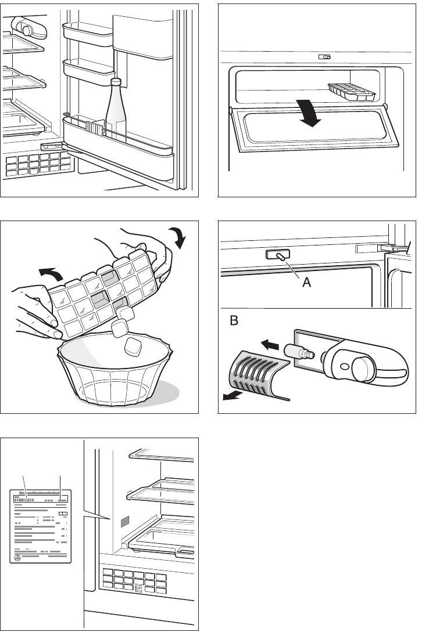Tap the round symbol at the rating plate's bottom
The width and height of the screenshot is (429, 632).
[x=17, y=557]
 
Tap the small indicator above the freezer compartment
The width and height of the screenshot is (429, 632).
[x=324, y=57]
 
